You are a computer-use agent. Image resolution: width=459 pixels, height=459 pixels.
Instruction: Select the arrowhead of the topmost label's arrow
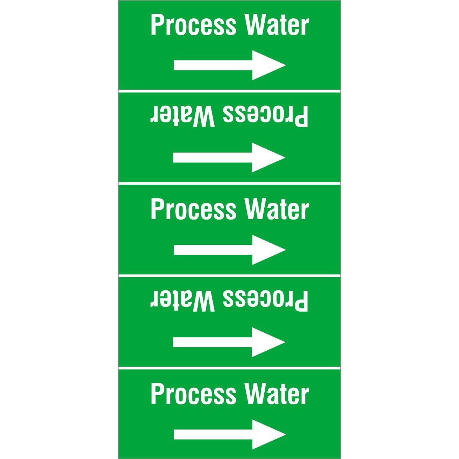(269, 65)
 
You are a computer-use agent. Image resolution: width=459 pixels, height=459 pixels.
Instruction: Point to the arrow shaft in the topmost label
(213, 65)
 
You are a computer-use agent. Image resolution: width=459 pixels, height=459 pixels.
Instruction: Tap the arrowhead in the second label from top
(269, 158)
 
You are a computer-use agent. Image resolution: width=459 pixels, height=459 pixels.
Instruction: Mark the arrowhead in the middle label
(269, 250)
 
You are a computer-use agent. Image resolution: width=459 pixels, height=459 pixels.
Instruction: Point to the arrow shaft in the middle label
(213, 250)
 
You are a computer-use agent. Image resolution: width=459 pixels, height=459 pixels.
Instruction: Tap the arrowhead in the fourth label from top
(269, 342)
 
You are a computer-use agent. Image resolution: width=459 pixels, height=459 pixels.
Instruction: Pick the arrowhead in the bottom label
(269, 435)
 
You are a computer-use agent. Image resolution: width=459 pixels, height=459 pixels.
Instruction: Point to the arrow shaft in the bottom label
(213, 435)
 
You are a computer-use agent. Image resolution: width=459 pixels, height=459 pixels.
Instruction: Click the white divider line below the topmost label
(229, 91)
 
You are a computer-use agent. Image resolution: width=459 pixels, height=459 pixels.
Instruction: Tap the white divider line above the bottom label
(229, 368)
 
